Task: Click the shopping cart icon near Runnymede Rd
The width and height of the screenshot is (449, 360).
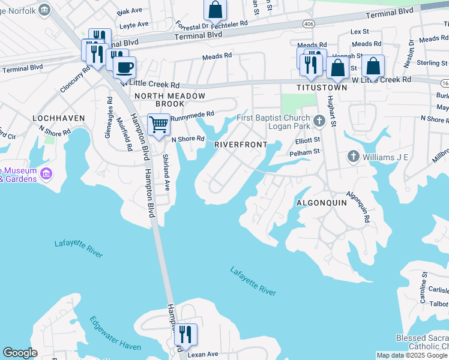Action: tap(158, 125)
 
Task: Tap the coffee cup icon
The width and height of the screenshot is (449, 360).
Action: tap(124, 67)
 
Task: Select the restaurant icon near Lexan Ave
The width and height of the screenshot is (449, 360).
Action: tap(186, 334)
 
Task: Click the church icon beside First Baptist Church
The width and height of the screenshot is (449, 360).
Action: tap(319, 122)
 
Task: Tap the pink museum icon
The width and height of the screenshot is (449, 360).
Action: tap(46, 175)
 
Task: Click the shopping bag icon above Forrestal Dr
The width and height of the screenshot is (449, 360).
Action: tap(215, 10)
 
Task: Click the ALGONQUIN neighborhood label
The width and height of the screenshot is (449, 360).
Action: tap(322, 203)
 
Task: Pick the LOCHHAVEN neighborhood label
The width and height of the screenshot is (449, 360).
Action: tap(58, 118)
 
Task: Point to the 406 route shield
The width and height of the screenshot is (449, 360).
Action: tap(309, 24)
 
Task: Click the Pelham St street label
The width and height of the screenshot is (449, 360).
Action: tap(307, 152)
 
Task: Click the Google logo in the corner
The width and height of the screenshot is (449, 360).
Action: tap(20, 353)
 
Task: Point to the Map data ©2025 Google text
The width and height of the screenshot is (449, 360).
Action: tap(411, 355)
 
